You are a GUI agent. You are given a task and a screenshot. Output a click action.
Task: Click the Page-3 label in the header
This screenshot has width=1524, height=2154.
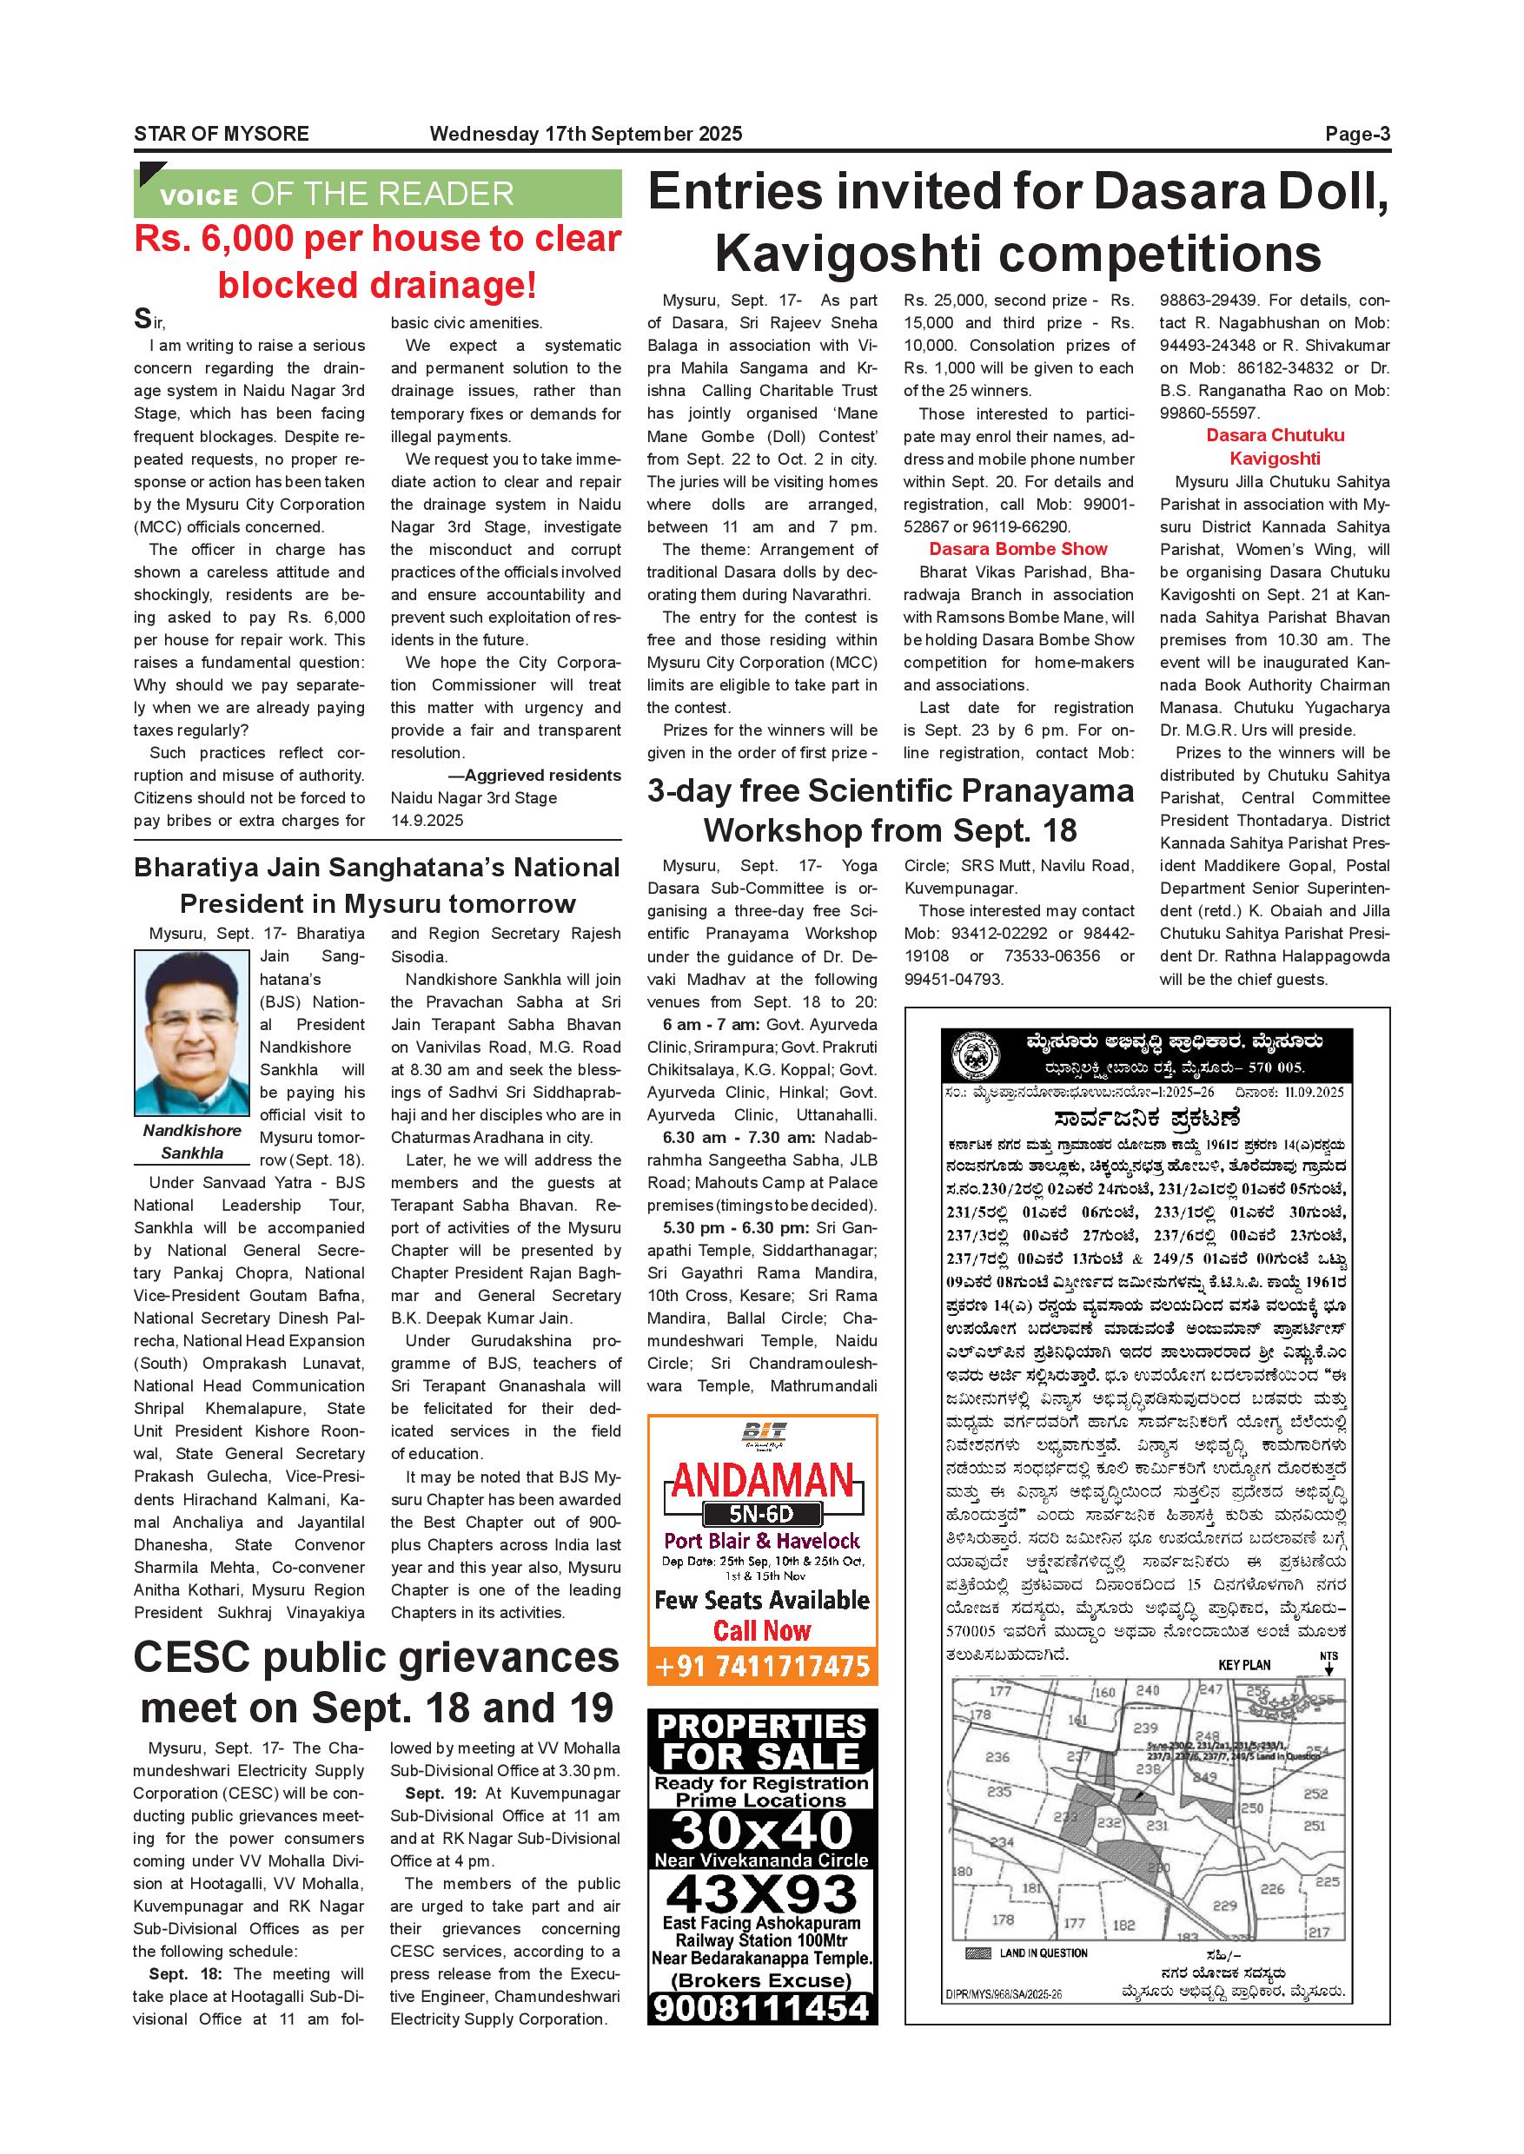click(x=1357, y=134)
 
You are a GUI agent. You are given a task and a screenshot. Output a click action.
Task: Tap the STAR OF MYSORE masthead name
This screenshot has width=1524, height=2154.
click(x=222, y=134)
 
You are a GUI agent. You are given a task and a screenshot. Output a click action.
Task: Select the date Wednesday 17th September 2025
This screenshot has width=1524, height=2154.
click(x=586, y=134)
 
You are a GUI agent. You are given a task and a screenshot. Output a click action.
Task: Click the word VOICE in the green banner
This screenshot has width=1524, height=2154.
click(x=199, y=196)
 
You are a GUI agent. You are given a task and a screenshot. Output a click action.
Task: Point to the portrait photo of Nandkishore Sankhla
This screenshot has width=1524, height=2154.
click(x=191, y=1033)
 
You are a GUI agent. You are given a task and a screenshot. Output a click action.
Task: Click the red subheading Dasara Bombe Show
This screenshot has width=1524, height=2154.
click(x=1018, y=549)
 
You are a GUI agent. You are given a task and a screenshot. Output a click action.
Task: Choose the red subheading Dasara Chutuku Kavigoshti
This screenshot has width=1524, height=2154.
click(x=1275, y=446)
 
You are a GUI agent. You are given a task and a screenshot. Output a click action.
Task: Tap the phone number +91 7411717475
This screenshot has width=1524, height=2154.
click(x=762, y=1666)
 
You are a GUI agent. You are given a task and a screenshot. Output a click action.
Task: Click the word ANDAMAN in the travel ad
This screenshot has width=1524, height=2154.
click(x=763, y=1483)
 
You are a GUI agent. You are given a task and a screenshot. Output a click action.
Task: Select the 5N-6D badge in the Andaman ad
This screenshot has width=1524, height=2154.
click(x=762, y=1513)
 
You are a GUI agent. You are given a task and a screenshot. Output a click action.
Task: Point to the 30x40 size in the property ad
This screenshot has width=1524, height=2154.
click(x=762, y=1829)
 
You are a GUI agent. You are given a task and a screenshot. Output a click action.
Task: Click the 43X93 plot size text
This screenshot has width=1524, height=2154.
click(x=762, y=1895)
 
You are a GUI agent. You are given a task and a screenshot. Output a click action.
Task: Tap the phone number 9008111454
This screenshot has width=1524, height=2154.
click(x=762, y=2006)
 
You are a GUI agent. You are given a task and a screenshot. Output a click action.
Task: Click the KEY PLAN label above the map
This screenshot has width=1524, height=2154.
click(x=1243, y=1664)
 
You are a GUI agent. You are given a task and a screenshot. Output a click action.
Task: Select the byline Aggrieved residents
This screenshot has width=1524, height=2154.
click(x=541, y=775)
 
